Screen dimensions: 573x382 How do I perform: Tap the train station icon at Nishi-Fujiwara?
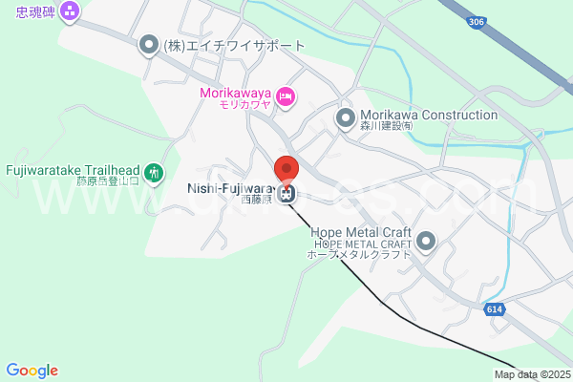coord(287,195)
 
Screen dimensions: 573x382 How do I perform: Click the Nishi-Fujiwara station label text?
coord(233,188)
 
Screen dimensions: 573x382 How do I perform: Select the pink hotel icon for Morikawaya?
coord(286,96)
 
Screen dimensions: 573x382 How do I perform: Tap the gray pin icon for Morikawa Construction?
coord(345,117)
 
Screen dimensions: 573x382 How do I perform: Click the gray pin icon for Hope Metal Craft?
coord(426,241)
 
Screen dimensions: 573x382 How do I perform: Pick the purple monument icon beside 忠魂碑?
coord(69,12)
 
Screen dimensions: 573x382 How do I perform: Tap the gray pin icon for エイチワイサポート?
coord(148,45)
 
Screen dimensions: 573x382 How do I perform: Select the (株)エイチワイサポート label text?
coord(234,45)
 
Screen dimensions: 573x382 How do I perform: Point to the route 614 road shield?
coord(493,309)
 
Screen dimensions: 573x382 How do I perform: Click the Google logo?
coord(32,371)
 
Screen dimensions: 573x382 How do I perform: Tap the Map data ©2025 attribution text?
coord(532,374)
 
